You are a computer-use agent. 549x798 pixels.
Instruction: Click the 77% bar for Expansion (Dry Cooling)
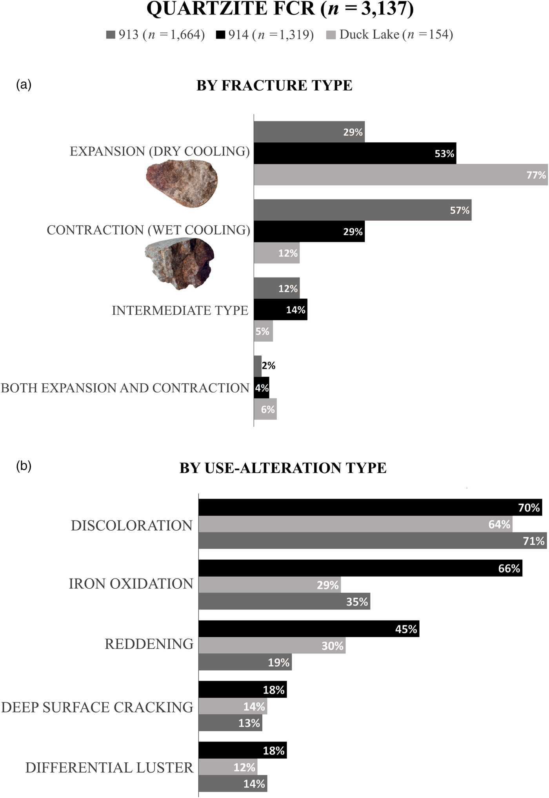point(400,174)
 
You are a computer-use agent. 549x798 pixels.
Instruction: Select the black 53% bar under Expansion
point(355,153)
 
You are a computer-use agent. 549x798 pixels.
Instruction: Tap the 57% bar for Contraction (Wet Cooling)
point(362,210)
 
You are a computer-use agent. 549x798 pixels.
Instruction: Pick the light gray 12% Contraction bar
point(276,253)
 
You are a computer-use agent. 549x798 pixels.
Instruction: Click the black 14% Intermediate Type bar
point(280,310)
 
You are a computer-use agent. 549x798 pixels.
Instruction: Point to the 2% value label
point(269,366)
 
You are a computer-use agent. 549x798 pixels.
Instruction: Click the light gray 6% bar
point(265,409)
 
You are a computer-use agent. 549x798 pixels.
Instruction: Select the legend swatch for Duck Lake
point(331,35)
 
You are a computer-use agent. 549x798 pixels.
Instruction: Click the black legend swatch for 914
point(220,35)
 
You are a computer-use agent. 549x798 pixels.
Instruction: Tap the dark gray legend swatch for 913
point(111,35)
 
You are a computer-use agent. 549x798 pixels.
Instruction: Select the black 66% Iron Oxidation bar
point(360,568)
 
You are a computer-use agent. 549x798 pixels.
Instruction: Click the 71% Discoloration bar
point(373,541)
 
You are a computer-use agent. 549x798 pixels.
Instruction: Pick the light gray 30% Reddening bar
point(272,646)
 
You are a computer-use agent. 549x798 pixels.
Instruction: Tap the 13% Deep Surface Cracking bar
point(230,723)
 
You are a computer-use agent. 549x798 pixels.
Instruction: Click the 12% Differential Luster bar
point(227,767)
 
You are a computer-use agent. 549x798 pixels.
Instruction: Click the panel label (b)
point(24,466)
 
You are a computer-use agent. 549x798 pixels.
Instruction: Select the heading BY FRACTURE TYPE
point(274,85)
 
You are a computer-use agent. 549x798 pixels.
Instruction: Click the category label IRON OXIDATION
point(131,584)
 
